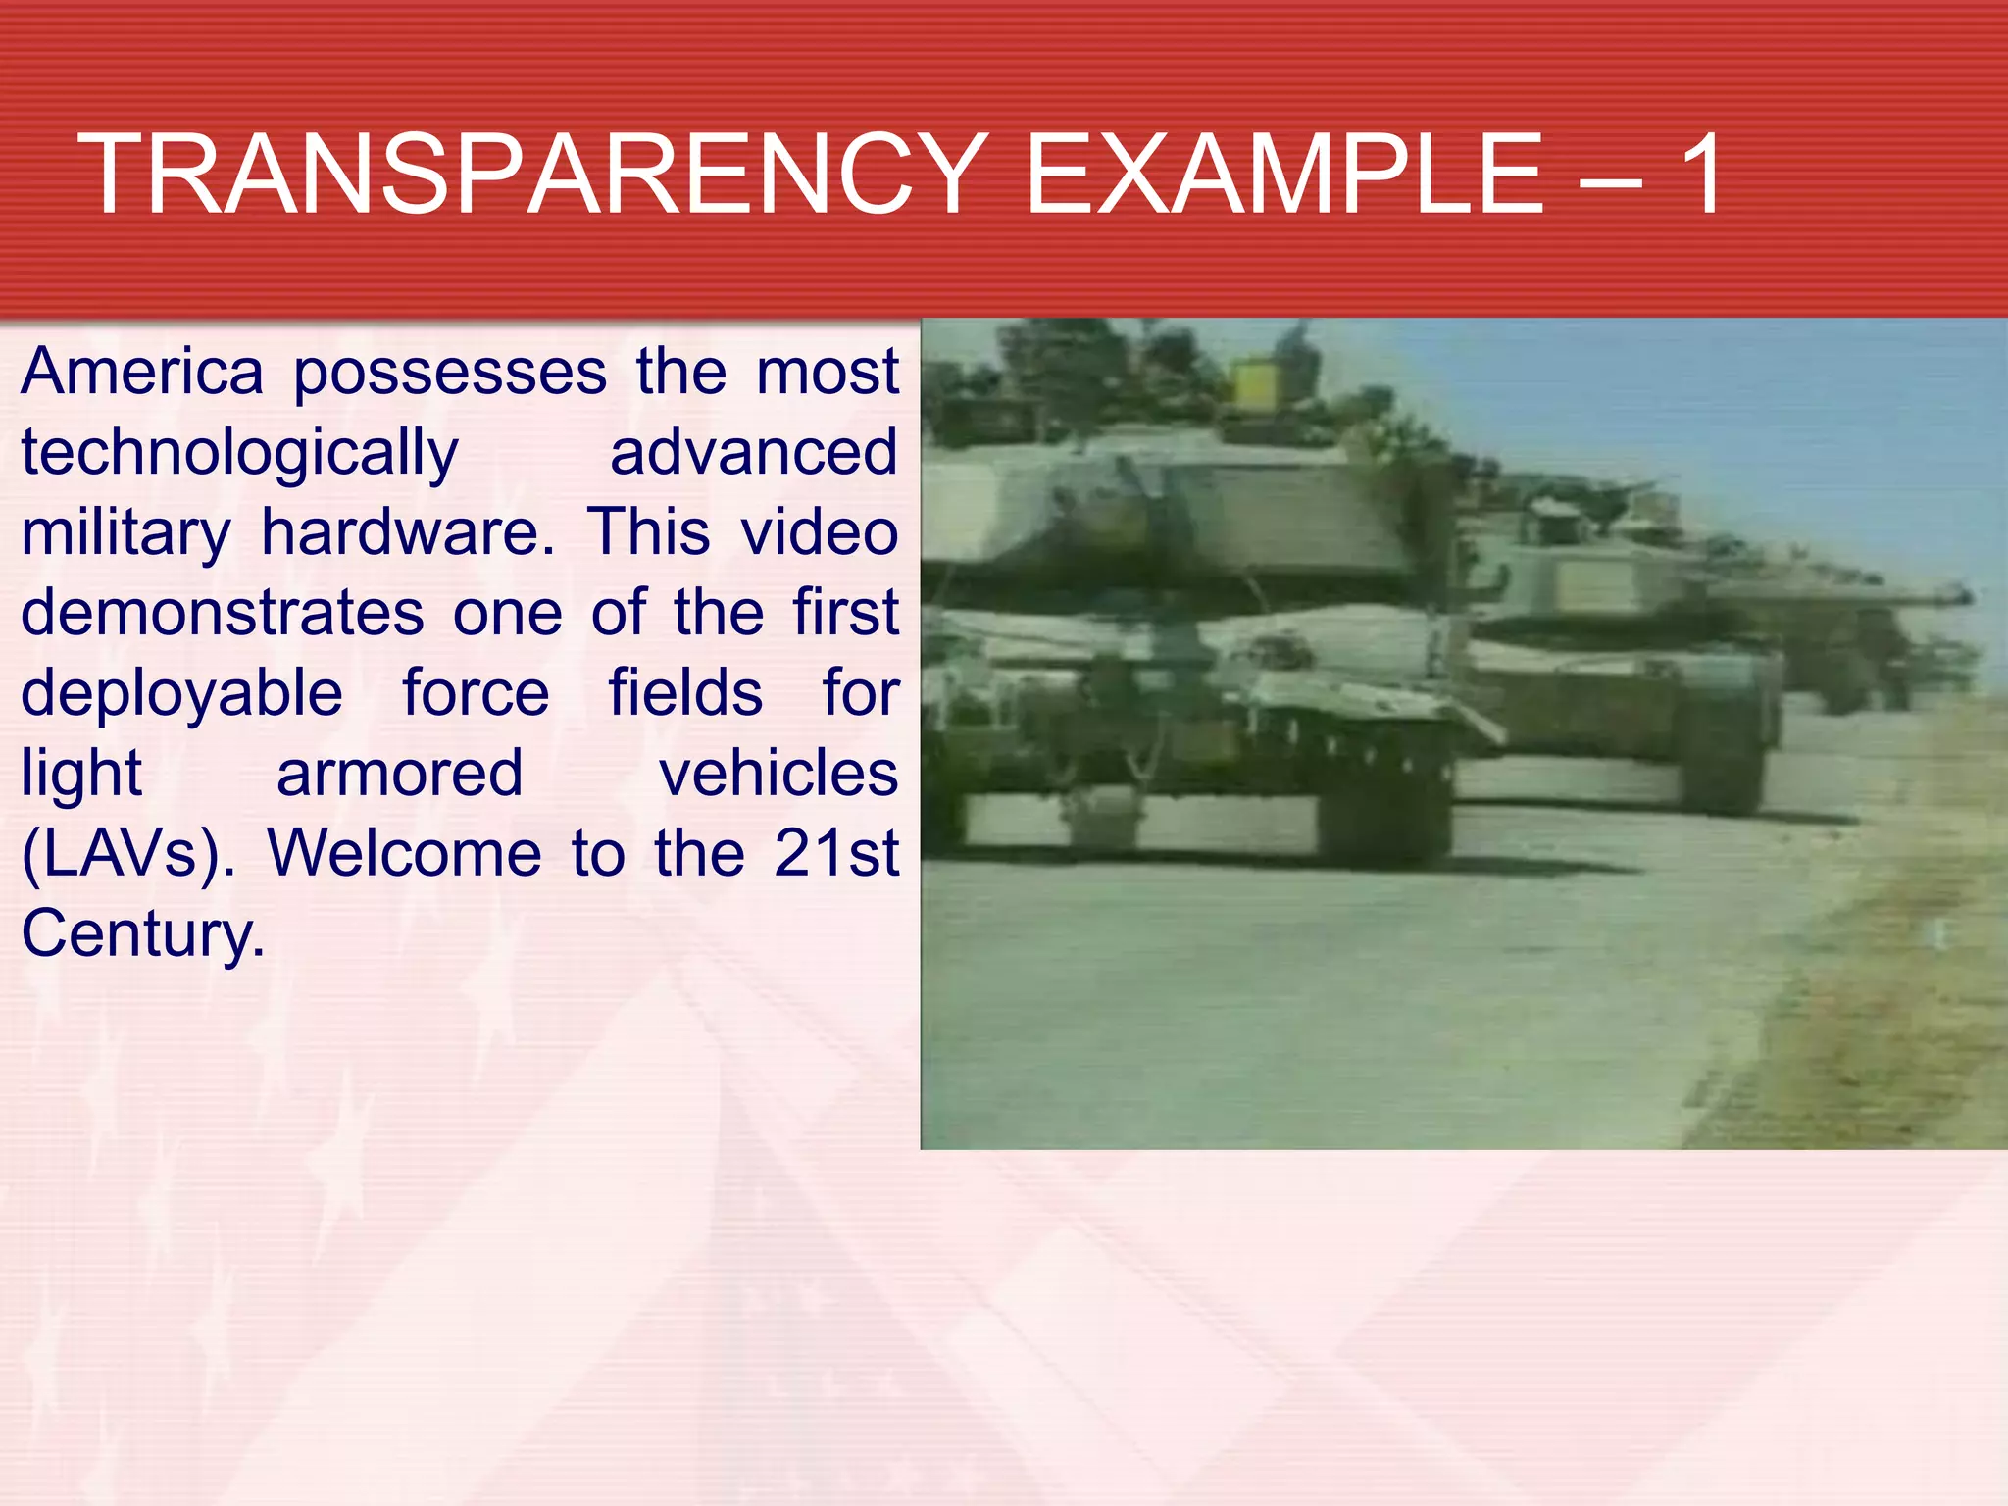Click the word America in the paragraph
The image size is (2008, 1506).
click(142, 373)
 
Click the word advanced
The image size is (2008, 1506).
click(753, 453)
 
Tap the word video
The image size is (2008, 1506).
click(819, 533)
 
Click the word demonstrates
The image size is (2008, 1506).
click(223, 614)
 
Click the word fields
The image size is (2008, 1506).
click(685, 693)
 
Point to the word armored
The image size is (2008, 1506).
click(399, 775)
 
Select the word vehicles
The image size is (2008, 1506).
click(778, 774)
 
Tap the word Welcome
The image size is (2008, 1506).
click(404, 854)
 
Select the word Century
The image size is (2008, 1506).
click(143, 934)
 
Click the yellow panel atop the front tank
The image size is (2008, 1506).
click(1254, 384)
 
